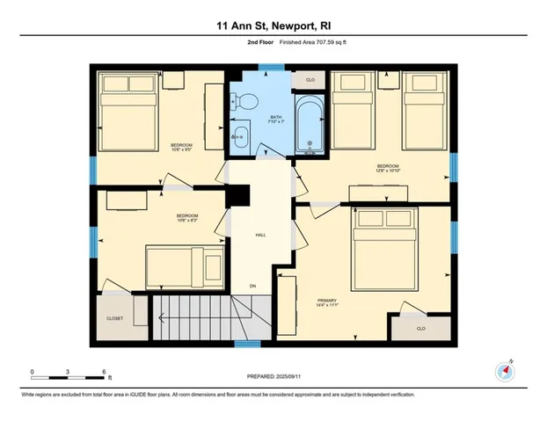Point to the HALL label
click(x=261, y=235)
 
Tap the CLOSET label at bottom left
click(x=115, y=318)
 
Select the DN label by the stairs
click(x=253, y=286)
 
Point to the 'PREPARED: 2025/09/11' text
click(x=273, y=375)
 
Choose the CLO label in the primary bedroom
click(x=420, y=327)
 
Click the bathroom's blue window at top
click(x=266, y=67)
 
